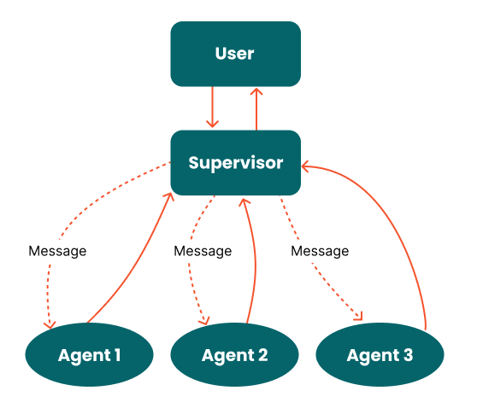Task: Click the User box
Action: (235, 54)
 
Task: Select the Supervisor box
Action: (235, 162)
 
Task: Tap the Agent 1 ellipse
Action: (89, 355)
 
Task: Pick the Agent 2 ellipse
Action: (234, 355)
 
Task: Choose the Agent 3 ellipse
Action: (380, 355)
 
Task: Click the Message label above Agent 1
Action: (57, 251)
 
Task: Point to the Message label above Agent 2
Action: (203, 251)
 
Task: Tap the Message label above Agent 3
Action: (320, 251)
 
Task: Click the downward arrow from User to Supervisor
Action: (214, 108)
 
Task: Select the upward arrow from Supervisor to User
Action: (256, 108)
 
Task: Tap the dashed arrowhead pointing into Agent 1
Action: (51, 324)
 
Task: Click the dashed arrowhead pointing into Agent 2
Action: (204, 321)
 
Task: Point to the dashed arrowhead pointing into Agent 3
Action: (358, 318)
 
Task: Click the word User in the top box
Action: (235, 54)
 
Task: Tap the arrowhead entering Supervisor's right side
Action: (306, 167)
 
